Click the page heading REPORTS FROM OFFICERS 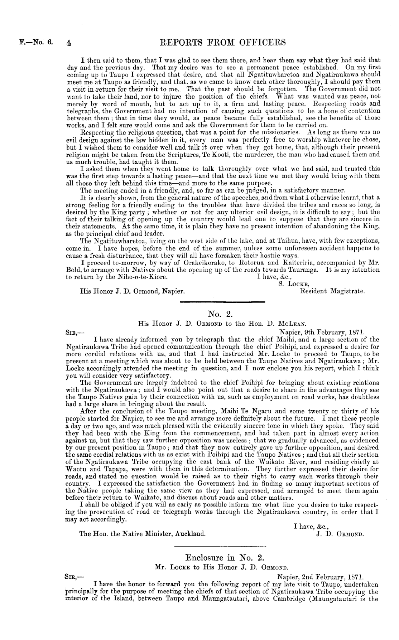coord(222,43)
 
